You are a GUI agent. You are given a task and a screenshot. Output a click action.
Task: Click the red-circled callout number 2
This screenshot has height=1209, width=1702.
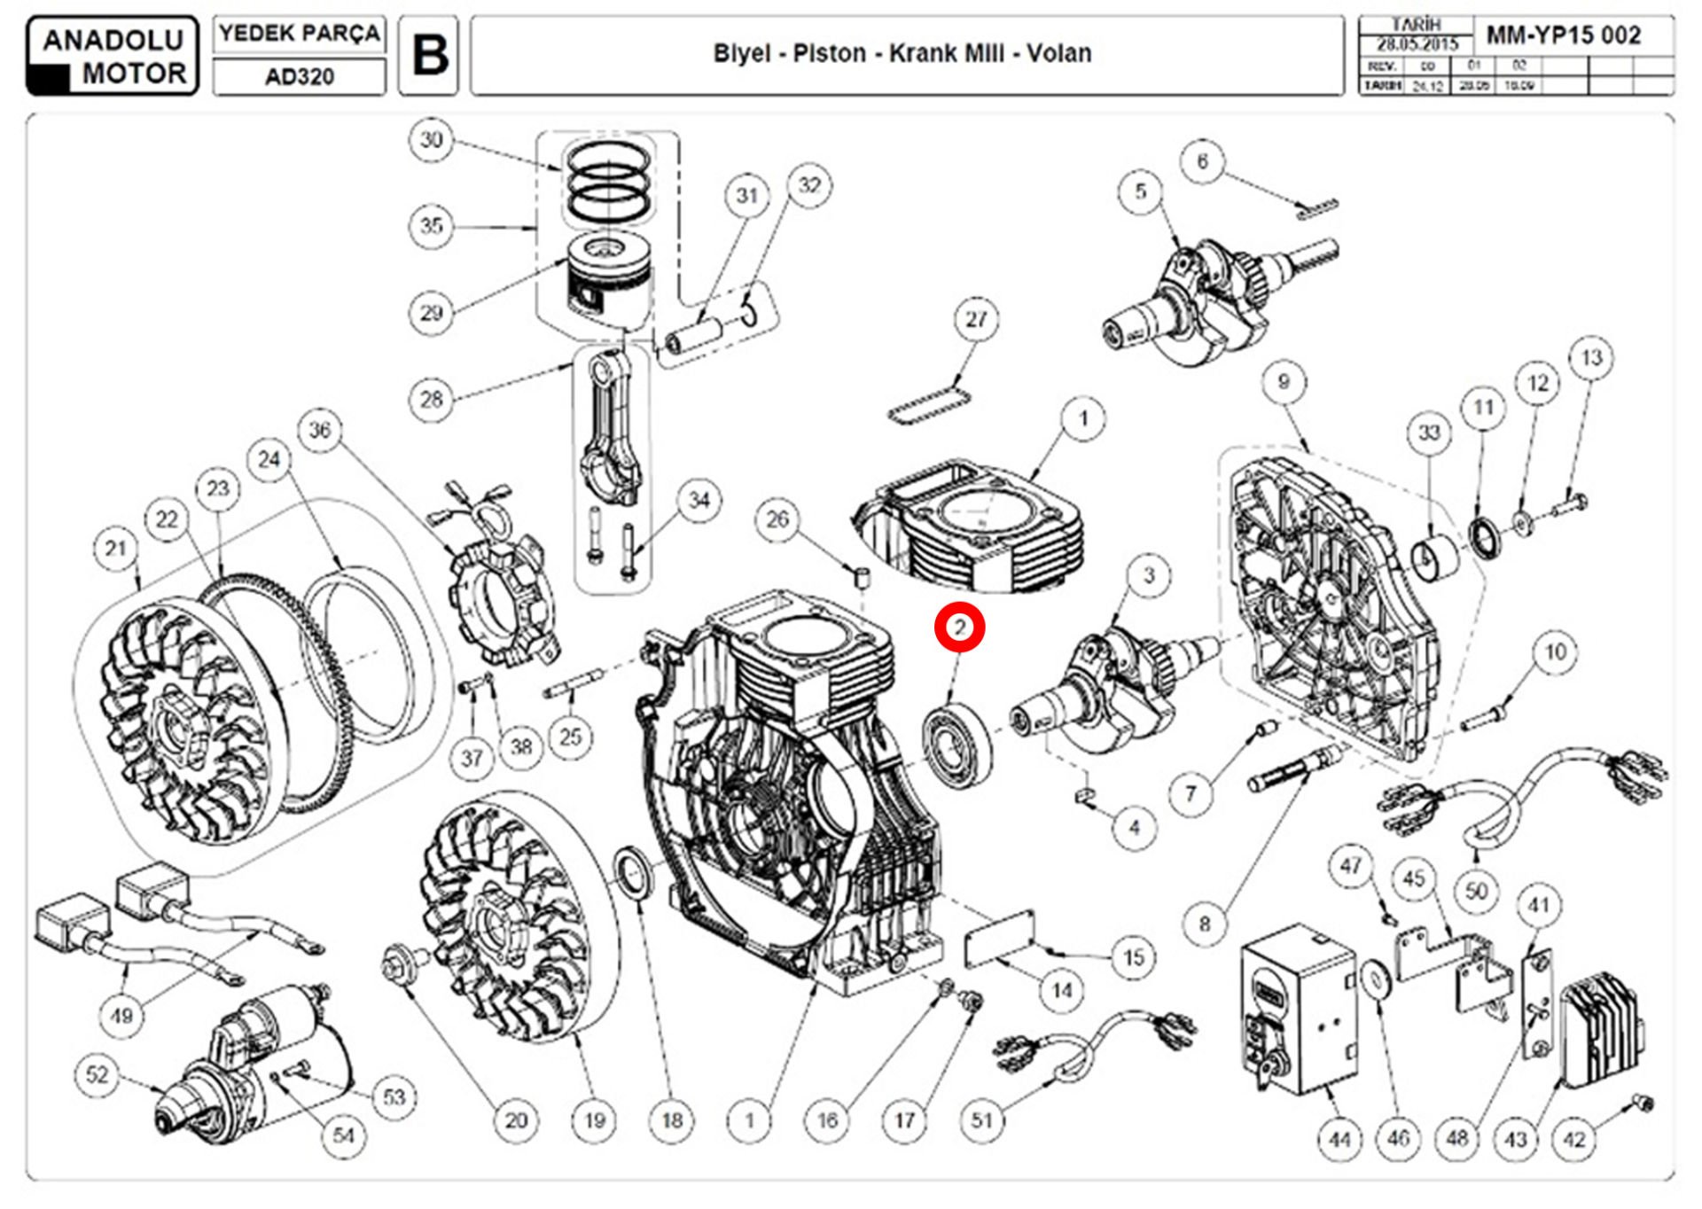959,628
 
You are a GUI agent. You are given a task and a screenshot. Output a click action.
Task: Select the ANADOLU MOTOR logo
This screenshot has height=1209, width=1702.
113,55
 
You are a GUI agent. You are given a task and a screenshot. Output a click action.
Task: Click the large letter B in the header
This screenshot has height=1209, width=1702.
430,55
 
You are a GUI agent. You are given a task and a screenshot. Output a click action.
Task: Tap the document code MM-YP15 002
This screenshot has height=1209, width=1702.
1564,35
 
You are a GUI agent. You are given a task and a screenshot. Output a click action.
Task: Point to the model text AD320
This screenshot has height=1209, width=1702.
300,77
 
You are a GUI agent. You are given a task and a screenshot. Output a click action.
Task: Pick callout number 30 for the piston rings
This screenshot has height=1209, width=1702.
432,140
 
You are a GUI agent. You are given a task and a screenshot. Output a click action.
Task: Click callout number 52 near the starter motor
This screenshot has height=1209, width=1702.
97,1074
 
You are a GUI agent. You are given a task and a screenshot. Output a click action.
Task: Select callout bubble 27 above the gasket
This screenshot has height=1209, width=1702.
976,319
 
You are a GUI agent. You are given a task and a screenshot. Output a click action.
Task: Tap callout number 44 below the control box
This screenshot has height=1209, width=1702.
1339,1138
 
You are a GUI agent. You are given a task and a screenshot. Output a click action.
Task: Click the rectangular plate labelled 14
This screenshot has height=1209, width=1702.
1000,935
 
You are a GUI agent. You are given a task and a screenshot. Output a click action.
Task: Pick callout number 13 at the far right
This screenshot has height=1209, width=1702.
1591,358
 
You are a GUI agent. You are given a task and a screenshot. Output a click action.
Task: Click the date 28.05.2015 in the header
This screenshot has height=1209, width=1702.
1417,43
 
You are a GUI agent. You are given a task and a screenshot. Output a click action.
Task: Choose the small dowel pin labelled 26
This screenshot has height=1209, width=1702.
862,578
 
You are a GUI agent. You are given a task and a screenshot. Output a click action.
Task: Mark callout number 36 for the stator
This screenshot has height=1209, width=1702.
319,431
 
